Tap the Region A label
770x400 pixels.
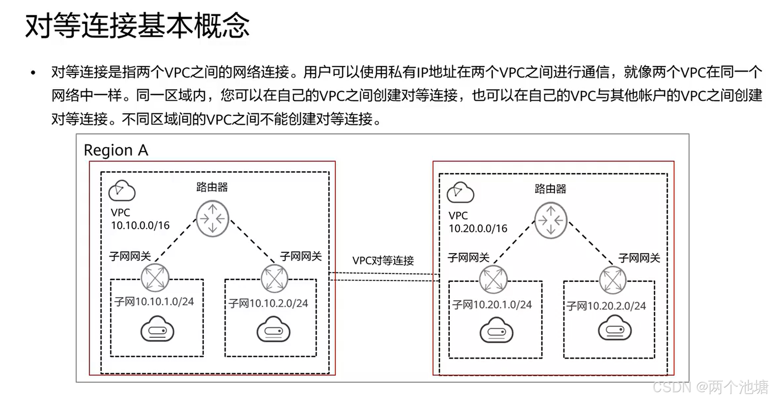(116, 150)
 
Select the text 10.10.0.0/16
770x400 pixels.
(140, 225)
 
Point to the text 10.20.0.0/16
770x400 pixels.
(478, 229)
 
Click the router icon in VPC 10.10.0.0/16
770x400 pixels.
(212, 219)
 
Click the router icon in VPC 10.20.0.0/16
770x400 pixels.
(551, 220)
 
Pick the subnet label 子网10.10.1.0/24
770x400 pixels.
(154, 302)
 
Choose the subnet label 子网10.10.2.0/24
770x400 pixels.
(268, 303)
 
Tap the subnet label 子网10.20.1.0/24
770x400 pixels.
(492, 305)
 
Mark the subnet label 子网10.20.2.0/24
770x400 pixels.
(606, 306)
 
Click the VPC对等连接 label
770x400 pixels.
(383, 261)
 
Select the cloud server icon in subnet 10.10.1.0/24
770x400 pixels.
(157, 330)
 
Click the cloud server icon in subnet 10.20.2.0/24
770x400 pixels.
(615, 329)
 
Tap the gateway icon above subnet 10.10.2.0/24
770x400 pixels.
(274, 278)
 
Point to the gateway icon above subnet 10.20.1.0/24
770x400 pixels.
(493, 280)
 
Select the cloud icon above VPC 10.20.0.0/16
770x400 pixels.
(460, 193)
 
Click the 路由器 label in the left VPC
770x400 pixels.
(212, 187)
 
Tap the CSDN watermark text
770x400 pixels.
(710, 387)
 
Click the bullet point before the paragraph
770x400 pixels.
(33, 73)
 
